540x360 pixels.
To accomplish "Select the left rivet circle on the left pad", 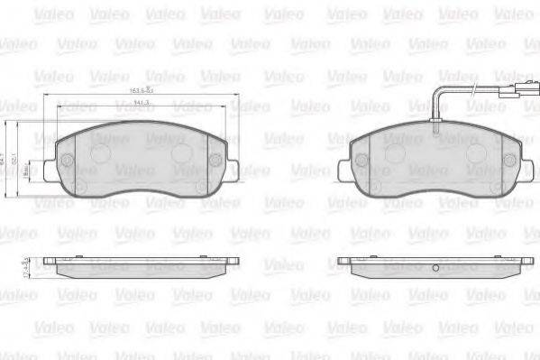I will [x=68, y=161].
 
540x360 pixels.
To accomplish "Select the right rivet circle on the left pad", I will [x=215, y=161].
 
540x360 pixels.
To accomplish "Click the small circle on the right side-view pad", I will [x=435, y=268].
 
